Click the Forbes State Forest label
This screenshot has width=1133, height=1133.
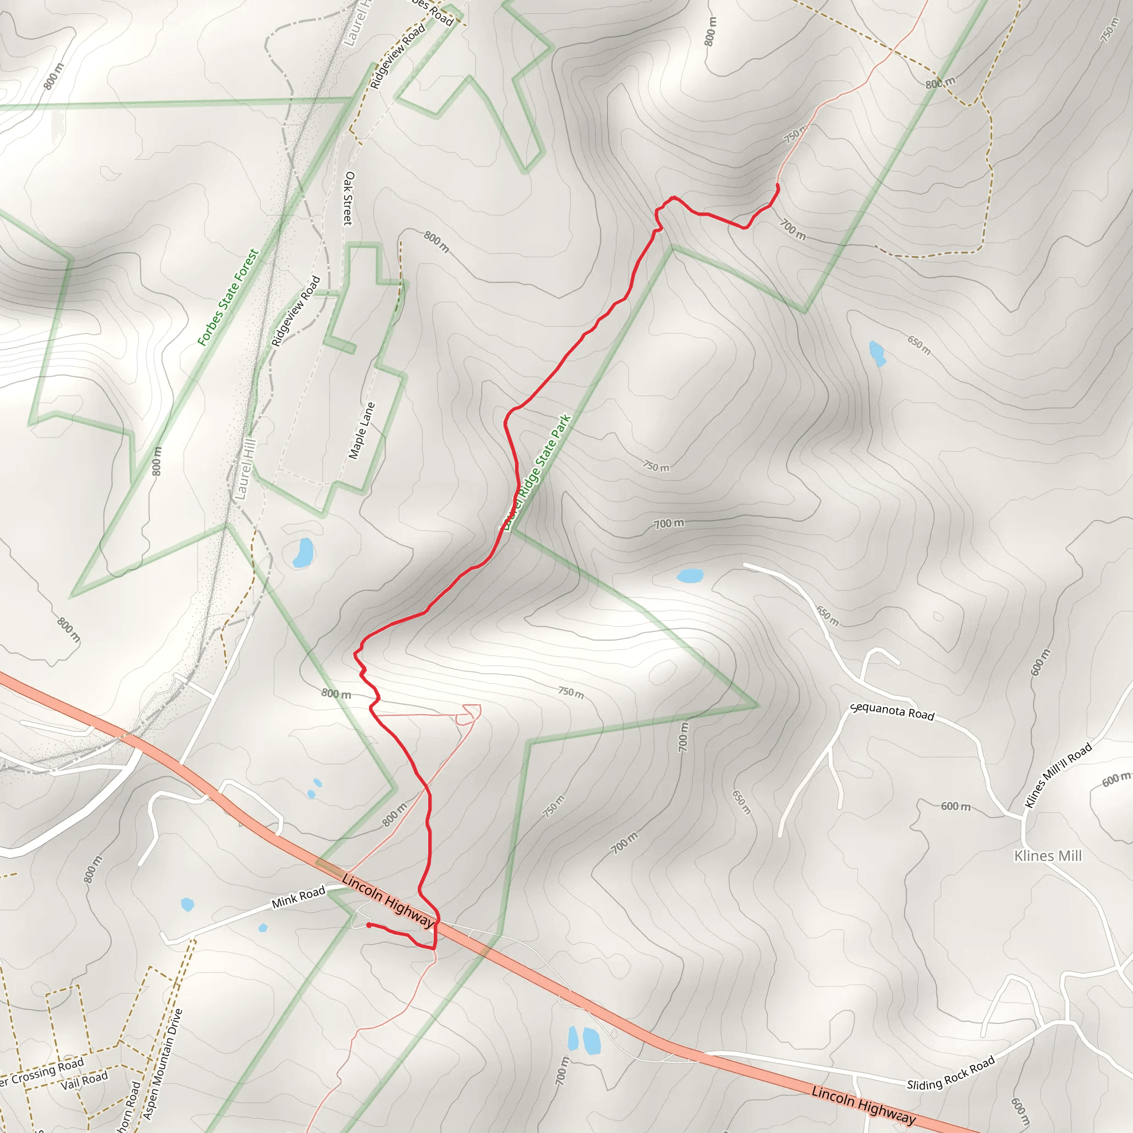click(x=227, y=297)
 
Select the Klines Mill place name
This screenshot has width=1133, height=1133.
click(x=1047, y=856)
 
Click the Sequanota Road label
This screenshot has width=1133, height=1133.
click(x=891, y=711)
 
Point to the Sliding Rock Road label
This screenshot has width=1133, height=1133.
click(x=950, y=1073)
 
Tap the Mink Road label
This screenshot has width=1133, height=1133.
click(x=298, y=898)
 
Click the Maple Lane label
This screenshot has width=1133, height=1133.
click(x=361, y=430)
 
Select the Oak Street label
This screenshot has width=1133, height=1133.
click(x=349, y=198)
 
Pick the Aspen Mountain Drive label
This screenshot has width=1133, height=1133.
click(x=163, y=1064)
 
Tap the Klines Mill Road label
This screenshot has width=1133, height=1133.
click(x=1058, y=775)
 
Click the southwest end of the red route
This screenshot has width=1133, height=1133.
click(x=368, y=925)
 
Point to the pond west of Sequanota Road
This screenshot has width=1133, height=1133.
click(x=690, y=575)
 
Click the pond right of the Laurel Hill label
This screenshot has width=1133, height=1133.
click(x=303, y=553)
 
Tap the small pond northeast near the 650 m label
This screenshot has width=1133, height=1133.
click(x=877, y=353)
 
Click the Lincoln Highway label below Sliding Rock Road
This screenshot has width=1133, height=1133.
click(x=863, y=1105)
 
